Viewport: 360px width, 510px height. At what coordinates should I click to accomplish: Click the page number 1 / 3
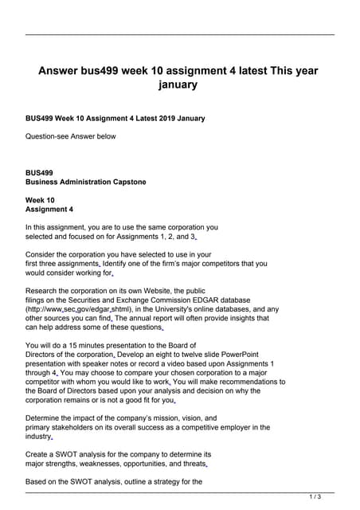(x=315, y=496)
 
